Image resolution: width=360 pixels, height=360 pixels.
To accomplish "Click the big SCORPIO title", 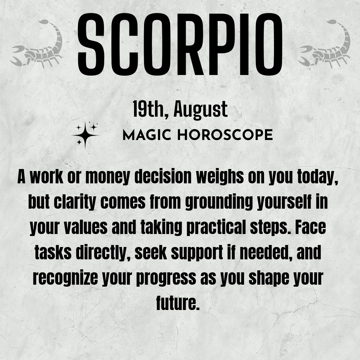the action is (x=180, y=44).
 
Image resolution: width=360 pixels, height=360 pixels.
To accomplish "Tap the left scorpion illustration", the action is (x=37, y=44).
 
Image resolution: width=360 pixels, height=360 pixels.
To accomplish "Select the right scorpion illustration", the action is (x=324, y=44).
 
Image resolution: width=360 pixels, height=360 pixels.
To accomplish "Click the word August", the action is (x=200, y=110).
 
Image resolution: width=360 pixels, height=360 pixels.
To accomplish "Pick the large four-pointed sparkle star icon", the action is (x=85, y=135).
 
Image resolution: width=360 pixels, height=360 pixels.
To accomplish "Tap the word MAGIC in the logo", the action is (x=147, y=135).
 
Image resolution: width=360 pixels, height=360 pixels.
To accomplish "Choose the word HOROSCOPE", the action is (x=225, y=135).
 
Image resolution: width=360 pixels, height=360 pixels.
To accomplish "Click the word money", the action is (x=107, y=177).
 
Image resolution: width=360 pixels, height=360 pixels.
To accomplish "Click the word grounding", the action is (x=219, y=202).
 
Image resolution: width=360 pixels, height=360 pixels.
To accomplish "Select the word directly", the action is (x=103, y=253).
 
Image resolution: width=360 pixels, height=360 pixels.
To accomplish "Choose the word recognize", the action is (x=65, y=278).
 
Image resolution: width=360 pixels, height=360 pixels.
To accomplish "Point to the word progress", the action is (x=166, y=278).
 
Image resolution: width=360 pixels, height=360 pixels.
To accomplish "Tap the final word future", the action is (x=178, y=303).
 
